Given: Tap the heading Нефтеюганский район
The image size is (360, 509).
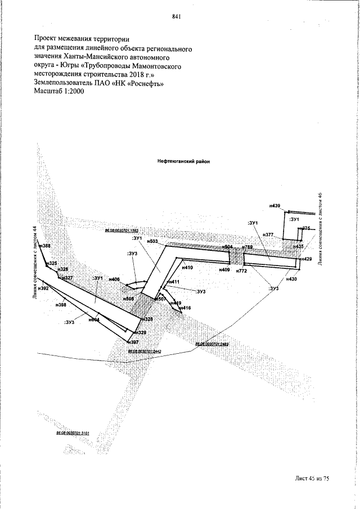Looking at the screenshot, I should point(183,160).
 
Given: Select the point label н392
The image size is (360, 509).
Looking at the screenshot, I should point(43,289).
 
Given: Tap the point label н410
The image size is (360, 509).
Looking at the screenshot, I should point(187,268).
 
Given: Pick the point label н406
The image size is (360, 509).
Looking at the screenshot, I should point(114,280).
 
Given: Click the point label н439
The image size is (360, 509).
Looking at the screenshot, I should point(274,206).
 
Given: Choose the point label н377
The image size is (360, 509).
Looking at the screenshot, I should point(268,235).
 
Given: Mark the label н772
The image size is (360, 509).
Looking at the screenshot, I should point(242,271).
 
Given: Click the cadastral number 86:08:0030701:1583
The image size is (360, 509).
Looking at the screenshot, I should point(121,231).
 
